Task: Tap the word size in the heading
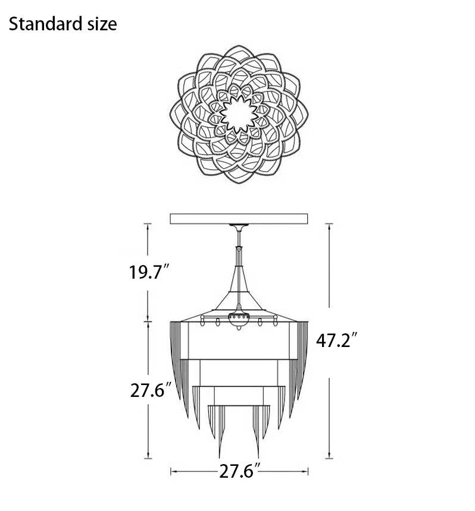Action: pyautogui.click(x=99, y=24)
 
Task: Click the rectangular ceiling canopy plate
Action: pyautogui.click(x=239, y=218)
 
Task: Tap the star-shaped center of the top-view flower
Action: pyautogui.click(x=239, y=115)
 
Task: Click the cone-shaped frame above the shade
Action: pyautogui.click(x=239, y=300)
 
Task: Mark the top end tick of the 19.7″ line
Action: pyautogui.click(x=147, y=224)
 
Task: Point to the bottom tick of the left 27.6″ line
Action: pyautogui.click(x=147, y=459)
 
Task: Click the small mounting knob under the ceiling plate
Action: pyautogui.click(x=239, y=227)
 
